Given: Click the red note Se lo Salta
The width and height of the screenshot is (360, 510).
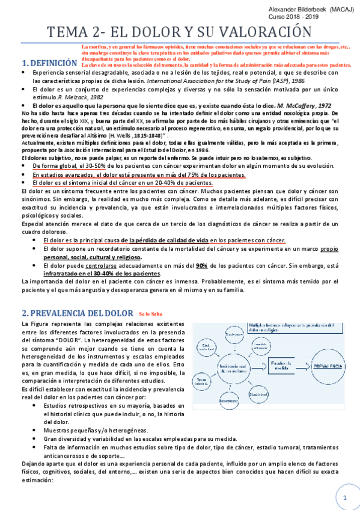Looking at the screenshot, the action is coord(151,314).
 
